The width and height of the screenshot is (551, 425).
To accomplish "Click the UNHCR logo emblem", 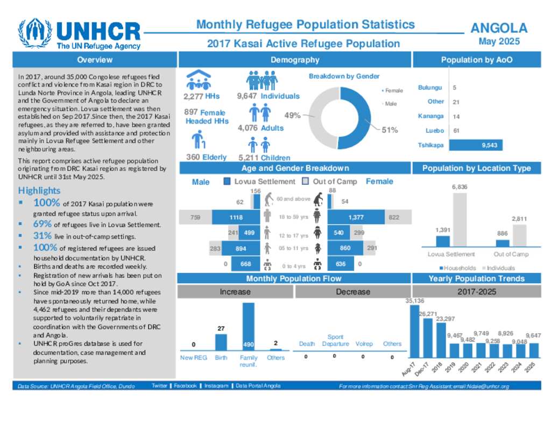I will click(x=35, y=34).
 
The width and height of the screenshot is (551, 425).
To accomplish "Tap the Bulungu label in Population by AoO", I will click(x=430, y=87).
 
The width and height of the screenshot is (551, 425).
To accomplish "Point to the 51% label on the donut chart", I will click(x=390, y=129).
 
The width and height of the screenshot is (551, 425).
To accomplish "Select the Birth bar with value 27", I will click(x=221, y=342).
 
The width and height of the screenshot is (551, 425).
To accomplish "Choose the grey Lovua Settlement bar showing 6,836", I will click(x=459, y=220).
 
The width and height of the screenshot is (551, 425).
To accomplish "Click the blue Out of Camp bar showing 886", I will click(x=502, y=243).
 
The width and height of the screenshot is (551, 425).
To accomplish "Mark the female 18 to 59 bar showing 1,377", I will click(x=356, y=217).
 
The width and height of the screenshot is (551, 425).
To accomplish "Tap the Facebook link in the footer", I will click(x=185, y=386).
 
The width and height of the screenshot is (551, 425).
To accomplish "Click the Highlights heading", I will click(x=39, y=191).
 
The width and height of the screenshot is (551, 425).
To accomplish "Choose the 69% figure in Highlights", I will click(x=42, y=224).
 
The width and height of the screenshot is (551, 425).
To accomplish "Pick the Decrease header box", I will click(x=352, y=292).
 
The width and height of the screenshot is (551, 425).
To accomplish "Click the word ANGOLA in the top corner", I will click(x=498, y=28).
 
